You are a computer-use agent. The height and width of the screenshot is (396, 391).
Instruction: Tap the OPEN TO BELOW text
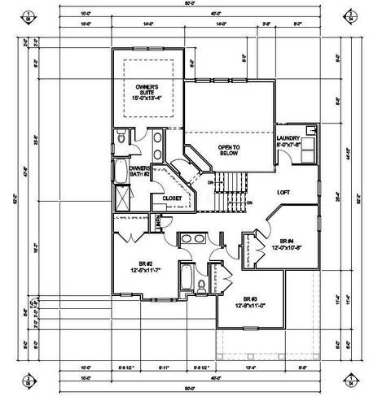point(230,150)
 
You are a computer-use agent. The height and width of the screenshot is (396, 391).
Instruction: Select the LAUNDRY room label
point(289,139)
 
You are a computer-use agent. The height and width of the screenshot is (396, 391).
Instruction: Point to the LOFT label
point(284,193)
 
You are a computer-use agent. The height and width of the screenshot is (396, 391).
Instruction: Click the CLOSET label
point(172,198)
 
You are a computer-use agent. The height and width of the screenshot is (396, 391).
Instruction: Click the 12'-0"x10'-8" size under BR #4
point(288,249)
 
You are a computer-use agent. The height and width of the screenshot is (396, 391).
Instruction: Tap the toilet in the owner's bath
point(121,140)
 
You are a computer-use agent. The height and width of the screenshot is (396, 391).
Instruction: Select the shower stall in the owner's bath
point(121,198)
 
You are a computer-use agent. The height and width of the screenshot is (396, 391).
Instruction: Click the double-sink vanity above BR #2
point(193,239)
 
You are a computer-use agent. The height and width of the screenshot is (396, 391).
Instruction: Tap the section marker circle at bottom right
point(372,381)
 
